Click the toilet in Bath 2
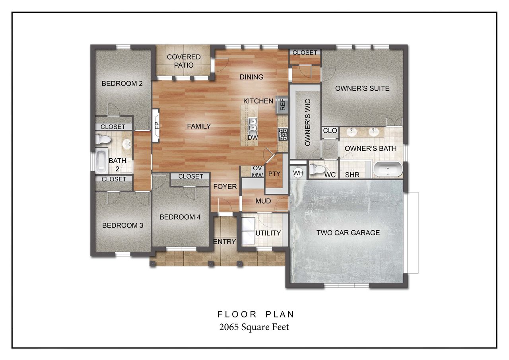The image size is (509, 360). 103,139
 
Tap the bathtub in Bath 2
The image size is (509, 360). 101,161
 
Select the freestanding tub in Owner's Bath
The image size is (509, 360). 388,169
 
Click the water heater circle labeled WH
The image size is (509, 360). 298,172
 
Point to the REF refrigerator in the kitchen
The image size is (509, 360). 282,104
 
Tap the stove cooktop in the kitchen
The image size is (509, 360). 283,134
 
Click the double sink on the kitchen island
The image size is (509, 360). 253,125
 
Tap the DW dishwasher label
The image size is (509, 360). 253,138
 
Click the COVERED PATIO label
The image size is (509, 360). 183,61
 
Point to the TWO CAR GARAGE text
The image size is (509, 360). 348,233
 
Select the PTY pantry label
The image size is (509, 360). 274,174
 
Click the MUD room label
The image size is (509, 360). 263,201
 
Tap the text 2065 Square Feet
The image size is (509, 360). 254,327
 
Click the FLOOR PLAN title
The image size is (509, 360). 256,314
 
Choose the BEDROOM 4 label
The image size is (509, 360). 180,217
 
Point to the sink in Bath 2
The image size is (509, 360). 127,144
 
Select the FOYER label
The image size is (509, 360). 225,187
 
